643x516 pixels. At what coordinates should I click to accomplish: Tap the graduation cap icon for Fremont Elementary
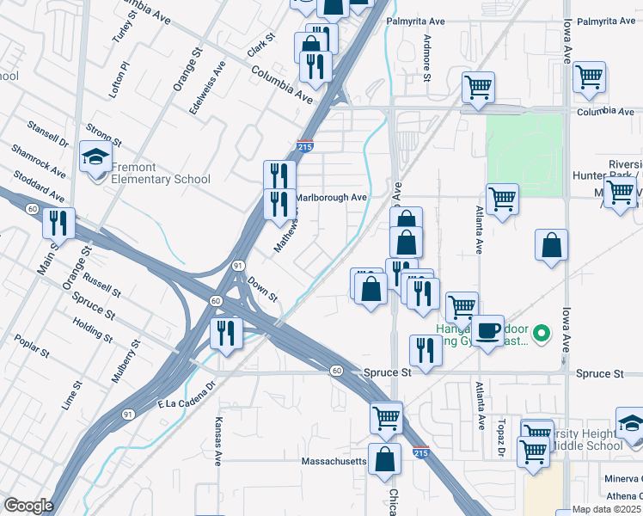(x=95, y=157)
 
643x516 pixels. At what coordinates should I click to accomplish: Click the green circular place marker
(x=542, y=332)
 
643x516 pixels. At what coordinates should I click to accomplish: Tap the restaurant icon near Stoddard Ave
(x=58, y=224)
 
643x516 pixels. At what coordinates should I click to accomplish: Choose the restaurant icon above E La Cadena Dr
(x=226, y=333)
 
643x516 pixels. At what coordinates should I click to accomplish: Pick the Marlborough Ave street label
(x=332, y=198)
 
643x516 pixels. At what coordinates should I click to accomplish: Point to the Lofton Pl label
(x=119, y=78)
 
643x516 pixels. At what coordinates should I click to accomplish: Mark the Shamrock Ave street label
(x=38, y=162)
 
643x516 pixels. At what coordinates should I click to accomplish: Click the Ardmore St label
(x=426, y=57)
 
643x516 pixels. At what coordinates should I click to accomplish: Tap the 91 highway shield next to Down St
(x=236, y=267)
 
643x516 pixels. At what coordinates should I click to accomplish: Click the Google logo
(x=28, y=506)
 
